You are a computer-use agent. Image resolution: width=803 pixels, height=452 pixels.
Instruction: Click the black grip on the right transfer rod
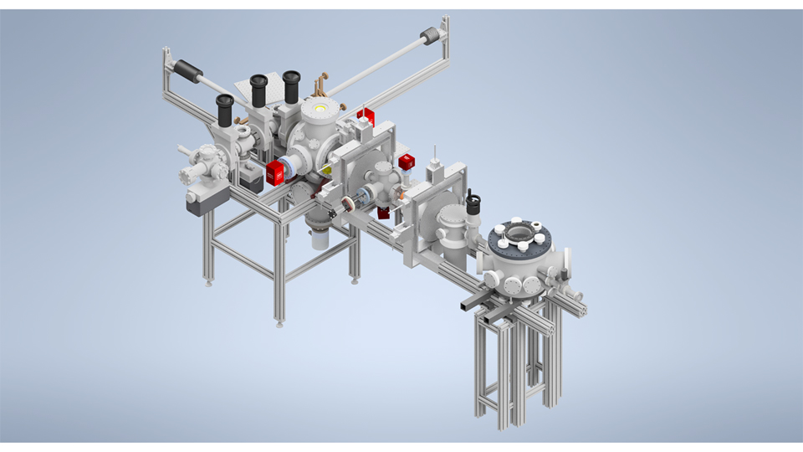(429, 35)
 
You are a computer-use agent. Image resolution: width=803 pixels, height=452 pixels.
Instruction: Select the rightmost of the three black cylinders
(291, 87)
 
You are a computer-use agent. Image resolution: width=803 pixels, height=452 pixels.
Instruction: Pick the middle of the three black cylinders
(258, 90)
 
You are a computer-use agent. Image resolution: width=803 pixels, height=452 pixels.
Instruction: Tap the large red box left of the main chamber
(275, 173)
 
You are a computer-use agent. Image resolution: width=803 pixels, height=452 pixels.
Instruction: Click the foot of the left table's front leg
(279, 323)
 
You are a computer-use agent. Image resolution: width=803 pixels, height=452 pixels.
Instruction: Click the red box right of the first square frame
(407, 162)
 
